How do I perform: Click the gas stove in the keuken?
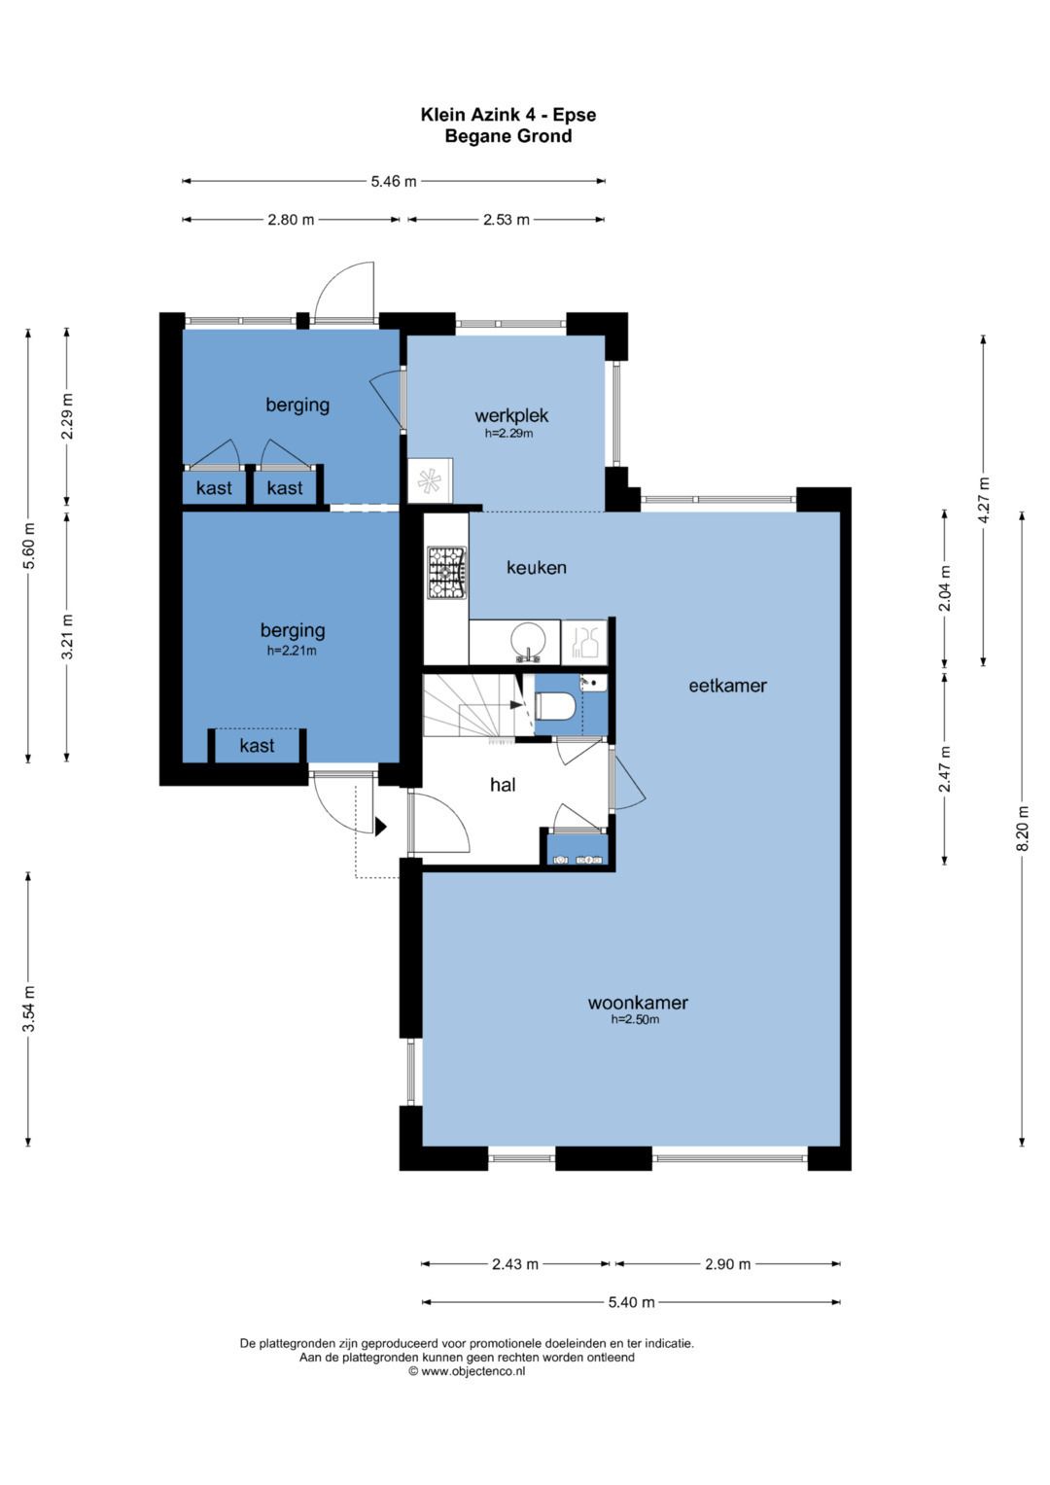click(x=447, y=573)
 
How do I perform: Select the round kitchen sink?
click(x=528, y=642)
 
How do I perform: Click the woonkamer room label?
click(x=637, y=1003)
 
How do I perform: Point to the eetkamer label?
click(x=727, y=686)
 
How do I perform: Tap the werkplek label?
click(x=511, y=415)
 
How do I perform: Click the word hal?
click(x=503, y=785)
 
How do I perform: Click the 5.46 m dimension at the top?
click(x=394, y=181)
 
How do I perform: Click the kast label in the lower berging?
click(x=257, y=746)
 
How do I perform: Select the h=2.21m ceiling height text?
click(x=292, y=651)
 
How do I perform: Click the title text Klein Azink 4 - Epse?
click(x=508, y=115)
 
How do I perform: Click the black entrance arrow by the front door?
click(x=380, y=826)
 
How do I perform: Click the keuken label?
click(x=537, y=568)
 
